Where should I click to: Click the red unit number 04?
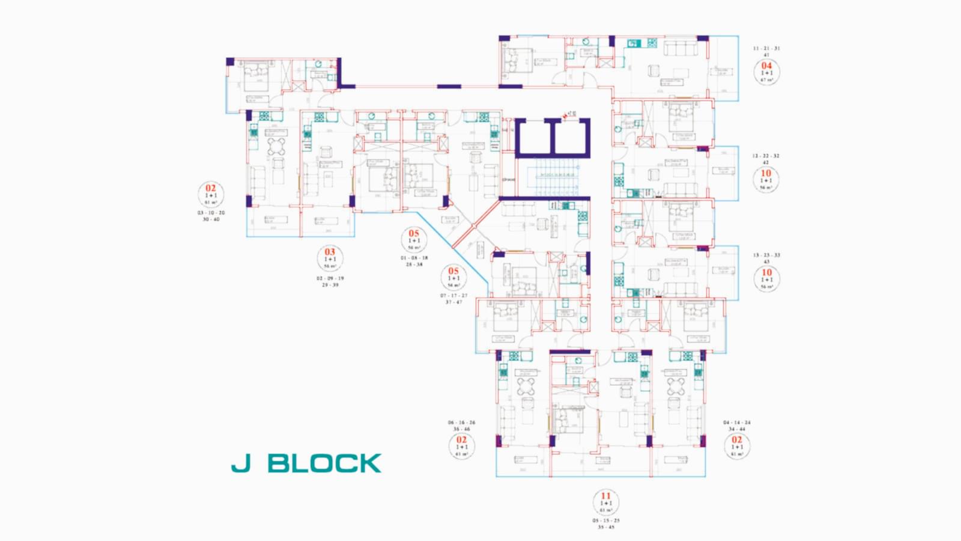point(766,66)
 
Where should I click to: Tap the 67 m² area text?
point(766,80)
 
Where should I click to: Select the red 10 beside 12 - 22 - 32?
point(766,173)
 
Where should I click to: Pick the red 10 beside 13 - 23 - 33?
point(766,272)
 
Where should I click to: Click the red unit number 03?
point(330,252)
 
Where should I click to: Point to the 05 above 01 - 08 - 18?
point(414,233)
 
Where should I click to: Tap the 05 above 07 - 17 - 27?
point(453,271)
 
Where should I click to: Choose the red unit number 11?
point(606,496)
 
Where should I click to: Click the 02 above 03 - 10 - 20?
point(210,188)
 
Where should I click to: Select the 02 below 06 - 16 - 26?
point(461,440)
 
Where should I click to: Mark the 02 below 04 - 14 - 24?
point(737,440)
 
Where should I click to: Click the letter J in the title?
point(241,463)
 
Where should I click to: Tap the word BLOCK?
point(324,463)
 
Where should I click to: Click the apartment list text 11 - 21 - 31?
point(766,48)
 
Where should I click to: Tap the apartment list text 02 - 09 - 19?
point(330,278)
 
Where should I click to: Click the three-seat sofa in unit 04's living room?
point(679,48)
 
